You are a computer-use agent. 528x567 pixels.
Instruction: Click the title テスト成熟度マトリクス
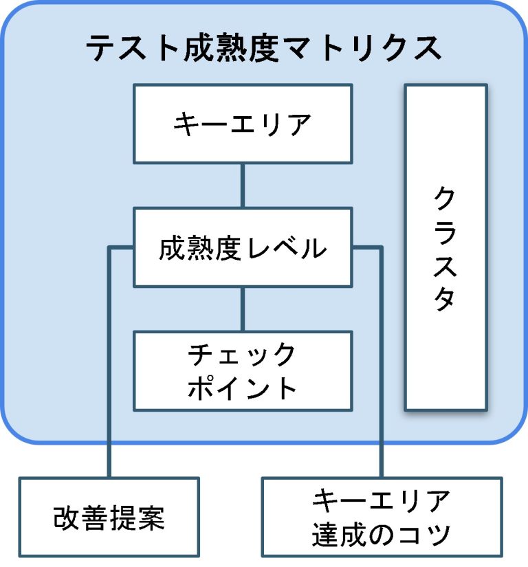[263, 48]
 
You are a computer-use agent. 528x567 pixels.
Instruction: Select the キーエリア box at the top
[243, 124]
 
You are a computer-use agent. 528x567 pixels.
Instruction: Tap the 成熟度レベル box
[243, 247]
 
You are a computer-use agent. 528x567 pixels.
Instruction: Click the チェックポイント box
[243, 371]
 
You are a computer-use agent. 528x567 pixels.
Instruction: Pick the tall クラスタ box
[445, 247]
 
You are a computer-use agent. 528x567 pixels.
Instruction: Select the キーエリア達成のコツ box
[382, 518]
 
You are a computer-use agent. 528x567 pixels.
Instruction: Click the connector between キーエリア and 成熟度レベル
[243, 186]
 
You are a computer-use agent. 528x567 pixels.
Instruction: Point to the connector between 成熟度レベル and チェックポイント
[243, 309]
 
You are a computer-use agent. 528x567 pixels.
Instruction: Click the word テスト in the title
[128, 48]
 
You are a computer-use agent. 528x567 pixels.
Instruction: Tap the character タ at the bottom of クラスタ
[445, 300]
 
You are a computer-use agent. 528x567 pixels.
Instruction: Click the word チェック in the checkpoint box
[243, 355]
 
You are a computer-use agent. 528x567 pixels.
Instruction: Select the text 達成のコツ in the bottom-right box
[382, 535]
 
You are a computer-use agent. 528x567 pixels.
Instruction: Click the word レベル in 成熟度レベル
[296, 247]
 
